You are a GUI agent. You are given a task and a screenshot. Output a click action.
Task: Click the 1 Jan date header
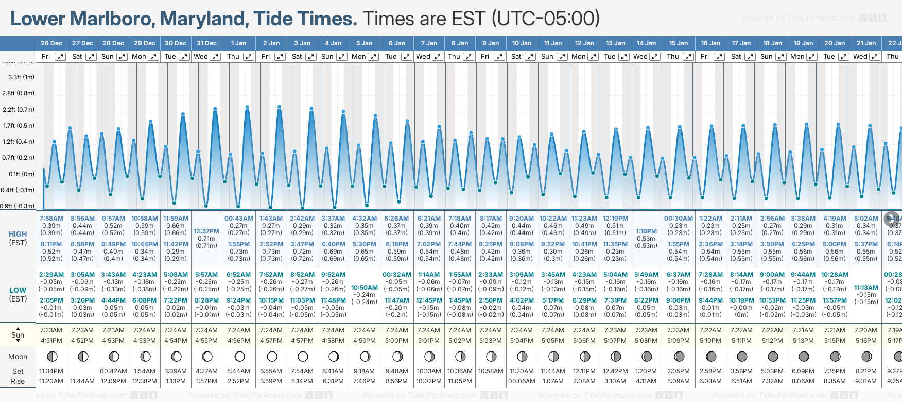click(x=238, y=43)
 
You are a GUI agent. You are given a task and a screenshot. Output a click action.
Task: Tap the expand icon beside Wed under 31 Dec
click(x=215, y=57)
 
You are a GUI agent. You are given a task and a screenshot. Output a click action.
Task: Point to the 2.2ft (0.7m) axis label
click(x=19, y=110)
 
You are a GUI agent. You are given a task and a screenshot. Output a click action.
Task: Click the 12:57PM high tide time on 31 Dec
click(x=206, y=231)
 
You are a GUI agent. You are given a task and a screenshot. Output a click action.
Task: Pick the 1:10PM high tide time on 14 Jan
click(x=646, y=231)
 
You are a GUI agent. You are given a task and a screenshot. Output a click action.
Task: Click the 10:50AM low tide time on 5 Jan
click(x=365, y=288)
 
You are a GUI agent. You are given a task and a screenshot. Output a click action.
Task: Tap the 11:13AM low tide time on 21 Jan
click(x=866, y=288)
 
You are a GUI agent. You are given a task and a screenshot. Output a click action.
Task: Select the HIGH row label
click(x=18, y=234)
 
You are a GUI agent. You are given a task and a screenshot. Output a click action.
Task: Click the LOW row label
click(x=18, y=290)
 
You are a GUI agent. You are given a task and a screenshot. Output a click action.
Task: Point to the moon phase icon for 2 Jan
click(x=272, y=356)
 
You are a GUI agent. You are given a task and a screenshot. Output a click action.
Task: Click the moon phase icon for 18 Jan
click(x=773, y=356)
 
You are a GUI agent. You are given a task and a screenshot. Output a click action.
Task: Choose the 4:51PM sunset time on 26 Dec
click(x=51, y=341)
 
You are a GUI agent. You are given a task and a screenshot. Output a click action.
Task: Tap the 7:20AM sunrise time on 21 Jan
click(x=866, y=330)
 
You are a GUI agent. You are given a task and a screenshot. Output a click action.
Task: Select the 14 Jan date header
click(x=646, y=43)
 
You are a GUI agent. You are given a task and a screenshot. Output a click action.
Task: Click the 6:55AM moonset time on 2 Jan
click(x=271, y=371)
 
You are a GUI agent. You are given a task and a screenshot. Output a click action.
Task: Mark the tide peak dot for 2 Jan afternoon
click(x=280, y=107)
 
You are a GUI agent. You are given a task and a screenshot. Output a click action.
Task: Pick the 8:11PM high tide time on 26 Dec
click(x=51, y=244)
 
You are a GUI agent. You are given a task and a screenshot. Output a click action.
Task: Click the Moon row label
click(x=18, y=357)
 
